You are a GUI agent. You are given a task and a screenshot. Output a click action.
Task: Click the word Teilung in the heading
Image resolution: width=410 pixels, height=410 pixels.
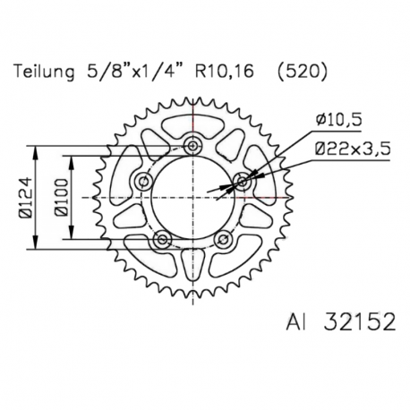[x=44, y=72]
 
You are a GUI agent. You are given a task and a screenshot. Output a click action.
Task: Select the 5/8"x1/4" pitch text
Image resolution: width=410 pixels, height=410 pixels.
[x=133, y=72]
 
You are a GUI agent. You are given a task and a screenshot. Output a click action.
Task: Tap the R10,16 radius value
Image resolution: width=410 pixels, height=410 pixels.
[x=224, y=72]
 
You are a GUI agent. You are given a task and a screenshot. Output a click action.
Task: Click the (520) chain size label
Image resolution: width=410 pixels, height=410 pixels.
[x=302, y=72]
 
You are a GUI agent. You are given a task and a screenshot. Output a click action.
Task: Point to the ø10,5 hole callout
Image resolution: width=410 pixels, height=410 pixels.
[x=338, y=120]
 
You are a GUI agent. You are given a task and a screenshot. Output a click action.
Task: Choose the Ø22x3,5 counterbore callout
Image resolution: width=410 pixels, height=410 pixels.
[x=352, y=149]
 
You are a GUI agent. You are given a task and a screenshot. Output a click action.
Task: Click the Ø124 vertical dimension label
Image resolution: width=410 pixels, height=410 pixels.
[x=26, y=198]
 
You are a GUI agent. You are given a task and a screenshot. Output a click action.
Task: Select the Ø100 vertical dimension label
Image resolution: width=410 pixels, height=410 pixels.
[x=62, y=198]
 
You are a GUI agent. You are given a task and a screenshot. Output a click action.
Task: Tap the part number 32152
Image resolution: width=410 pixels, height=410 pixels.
[x=359, y=321]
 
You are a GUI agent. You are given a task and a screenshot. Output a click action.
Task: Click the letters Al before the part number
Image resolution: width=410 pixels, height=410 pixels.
[x=296, y=321]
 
